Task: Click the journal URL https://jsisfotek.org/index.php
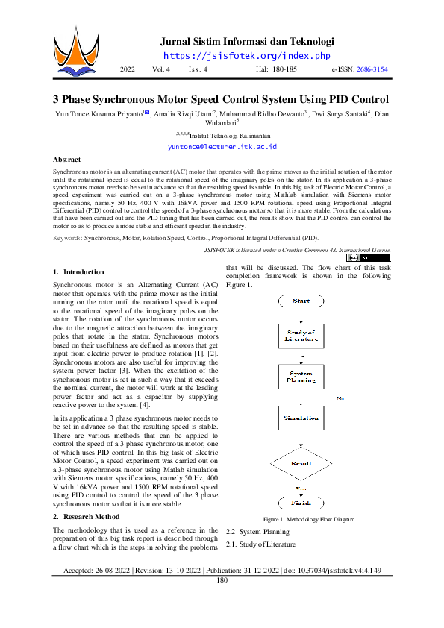(x=246, y=56)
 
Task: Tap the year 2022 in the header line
(x=127, y=69)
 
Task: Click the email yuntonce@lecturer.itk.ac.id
(x=221, y=147)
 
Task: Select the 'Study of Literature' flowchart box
(x=301, y=335)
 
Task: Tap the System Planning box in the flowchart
(x=301, y=377)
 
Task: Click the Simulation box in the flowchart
(x=301, y=418)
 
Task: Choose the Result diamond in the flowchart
(x=301, y=463)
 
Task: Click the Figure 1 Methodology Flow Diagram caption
(x=308, y=519)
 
